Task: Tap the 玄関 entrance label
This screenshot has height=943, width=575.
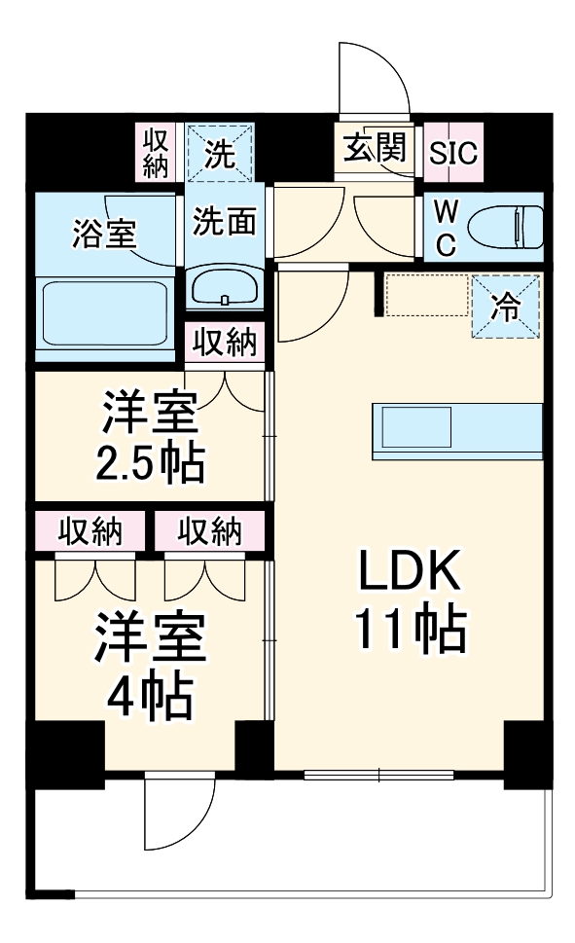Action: (x=373, y=149)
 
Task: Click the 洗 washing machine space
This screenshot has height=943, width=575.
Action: (x=220, y=153)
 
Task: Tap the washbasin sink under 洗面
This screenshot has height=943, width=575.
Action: (x=224, y=287)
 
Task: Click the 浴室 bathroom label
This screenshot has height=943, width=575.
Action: (x=103, y=233)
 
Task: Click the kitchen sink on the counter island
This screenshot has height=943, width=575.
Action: (x=416, y=425)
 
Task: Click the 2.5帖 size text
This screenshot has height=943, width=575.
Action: (x=152, y=465)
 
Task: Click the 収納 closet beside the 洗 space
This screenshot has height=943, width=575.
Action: (x=156, y=153)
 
